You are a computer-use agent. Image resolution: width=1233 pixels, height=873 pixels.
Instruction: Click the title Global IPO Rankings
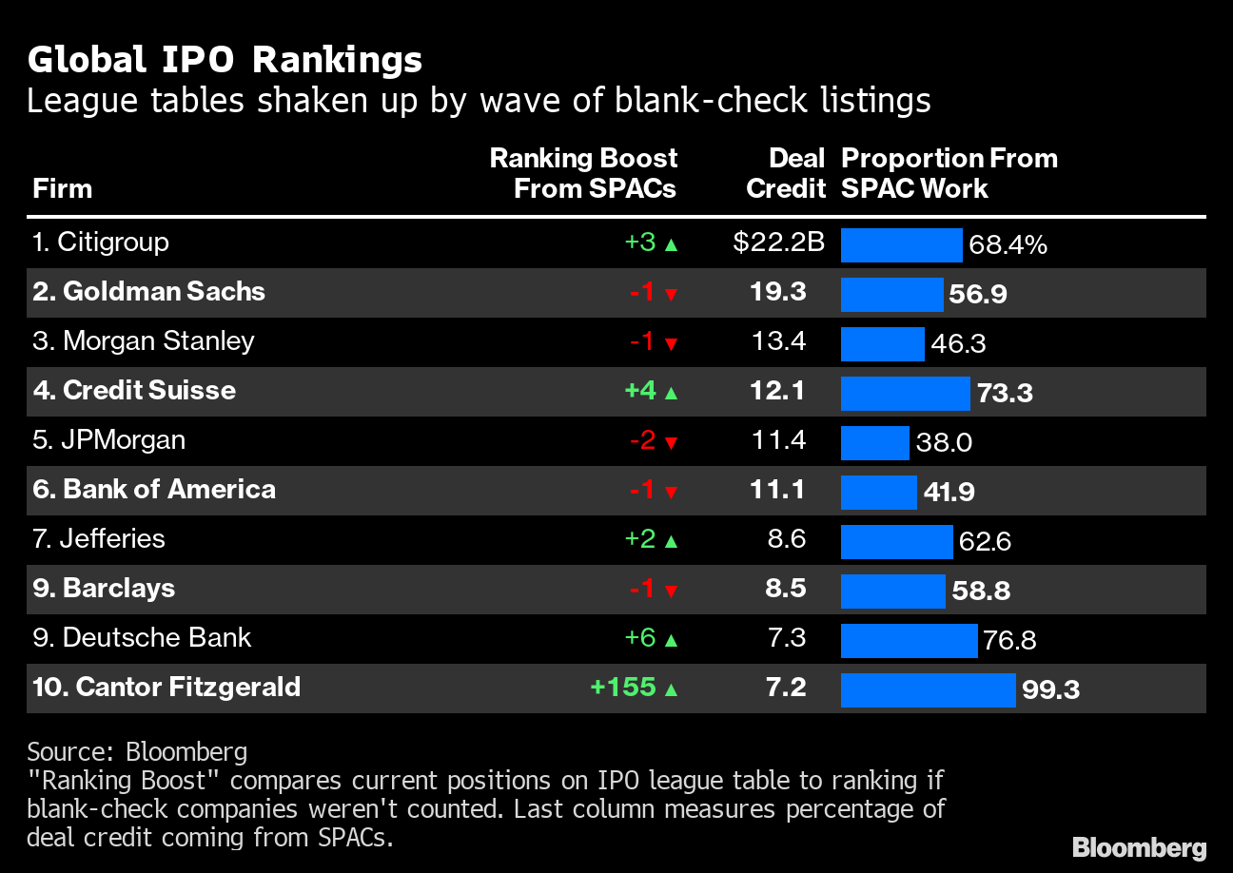pyautogui.click(x=225, y=60)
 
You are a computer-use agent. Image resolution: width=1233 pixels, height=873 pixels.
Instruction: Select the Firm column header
pyautogui.click(x=62, y=188)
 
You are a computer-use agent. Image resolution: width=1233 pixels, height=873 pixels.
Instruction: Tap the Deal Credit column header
pyautogui.click(x=785, y=173)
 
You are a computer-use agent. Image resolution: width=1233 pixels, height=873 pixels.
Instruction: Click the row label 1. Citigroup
pyautogui.click(x=101, y=242)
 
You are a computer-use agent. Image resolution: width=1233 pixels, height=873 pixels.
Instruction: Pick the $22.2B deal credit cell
pyautogui.click(x=778, y=242)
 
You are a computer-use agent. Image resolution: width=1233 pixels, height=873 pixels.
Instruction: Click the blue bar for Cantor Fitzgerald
pyautogui.click(x=928, y=689)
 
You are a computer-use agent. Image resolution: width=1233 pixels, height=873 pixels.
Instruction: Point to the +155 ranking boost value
pyautogui.click(x=623, y=687)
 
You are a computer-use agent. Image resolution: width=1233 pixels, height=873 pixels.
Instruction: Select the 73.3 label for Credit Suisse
pyautogui.click(x=1004, y=393)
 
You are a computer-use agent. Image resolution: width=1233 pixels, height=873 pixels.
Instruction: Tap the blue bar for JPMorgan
pyautogui.click(x=875, y=442)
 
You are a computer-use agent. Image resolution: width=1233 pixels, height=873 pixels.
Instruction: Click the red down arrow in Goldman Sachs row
pyautogui.click(x=671, y=294)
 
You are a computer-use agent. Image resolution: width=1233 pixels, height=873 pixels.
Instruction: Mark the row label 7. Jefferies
pyautogui.click(x=99, y=538)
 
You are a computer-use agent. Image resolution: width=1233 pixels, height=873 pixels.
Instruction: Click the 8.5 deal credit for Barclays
pyautogui.click(x=786, y=588)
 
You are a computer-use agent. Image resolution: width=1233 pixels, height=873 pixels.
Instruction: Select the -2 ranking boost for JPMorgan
pyautogui.click(x=642, y=439)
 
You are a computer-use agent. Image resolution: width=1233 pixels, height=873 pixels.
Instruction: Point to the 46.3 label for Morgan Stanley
pyautogui.click(x=958, y=343)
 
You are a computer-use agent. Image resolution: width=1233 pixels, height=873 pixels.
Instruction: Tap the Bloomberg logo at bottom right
pyautogui.click(x=1139, y=847)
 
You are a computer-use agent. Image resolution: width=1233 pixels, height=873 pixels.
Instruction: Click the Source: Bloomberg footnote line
pyautogui.click(x=137, y=751)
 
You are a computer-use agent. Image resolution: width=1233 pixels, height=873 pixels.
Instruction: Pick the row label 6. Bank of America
pyautogui.click(x=154, y=489)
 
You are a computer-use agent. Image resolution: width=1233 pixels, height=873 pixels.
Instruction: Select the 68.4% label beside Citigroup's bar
pyautogui.click(x=1008, y=244)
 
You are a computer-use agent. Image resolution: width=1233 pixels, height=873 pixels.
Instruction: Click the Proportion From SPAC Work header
pyautogui.click(x=949, y=173)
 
